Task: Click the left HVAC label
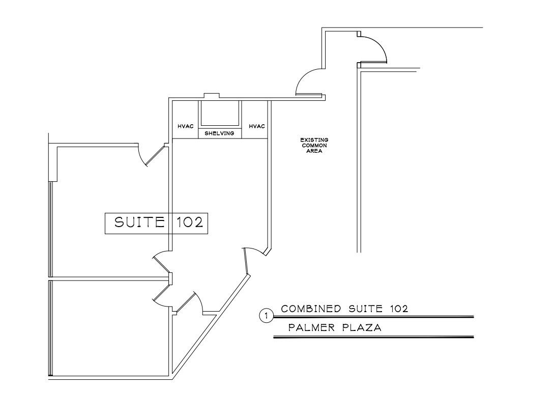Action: coord(186,126)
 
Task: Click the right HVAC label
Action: coord(257,126)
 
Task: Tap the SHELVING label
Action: coord(219,133)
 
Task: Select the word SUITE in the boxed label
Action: coord(139,222)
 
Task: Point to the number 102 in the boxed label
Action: coord(190,222)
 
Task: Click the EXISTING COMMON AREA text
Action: coord(314,145)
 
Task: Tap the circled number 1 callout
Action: coord(266,316)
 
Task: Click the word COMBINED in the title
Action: coord(311,309)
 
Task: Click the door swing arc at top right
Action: coord(373,49)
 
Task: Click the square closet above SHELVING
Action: coord(219,114)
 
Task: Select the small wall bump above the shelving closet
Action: coord(212,95)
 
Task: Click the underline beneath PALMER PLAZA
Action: coord(373,337)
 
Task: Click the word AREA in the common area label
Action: coord(314,151)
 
